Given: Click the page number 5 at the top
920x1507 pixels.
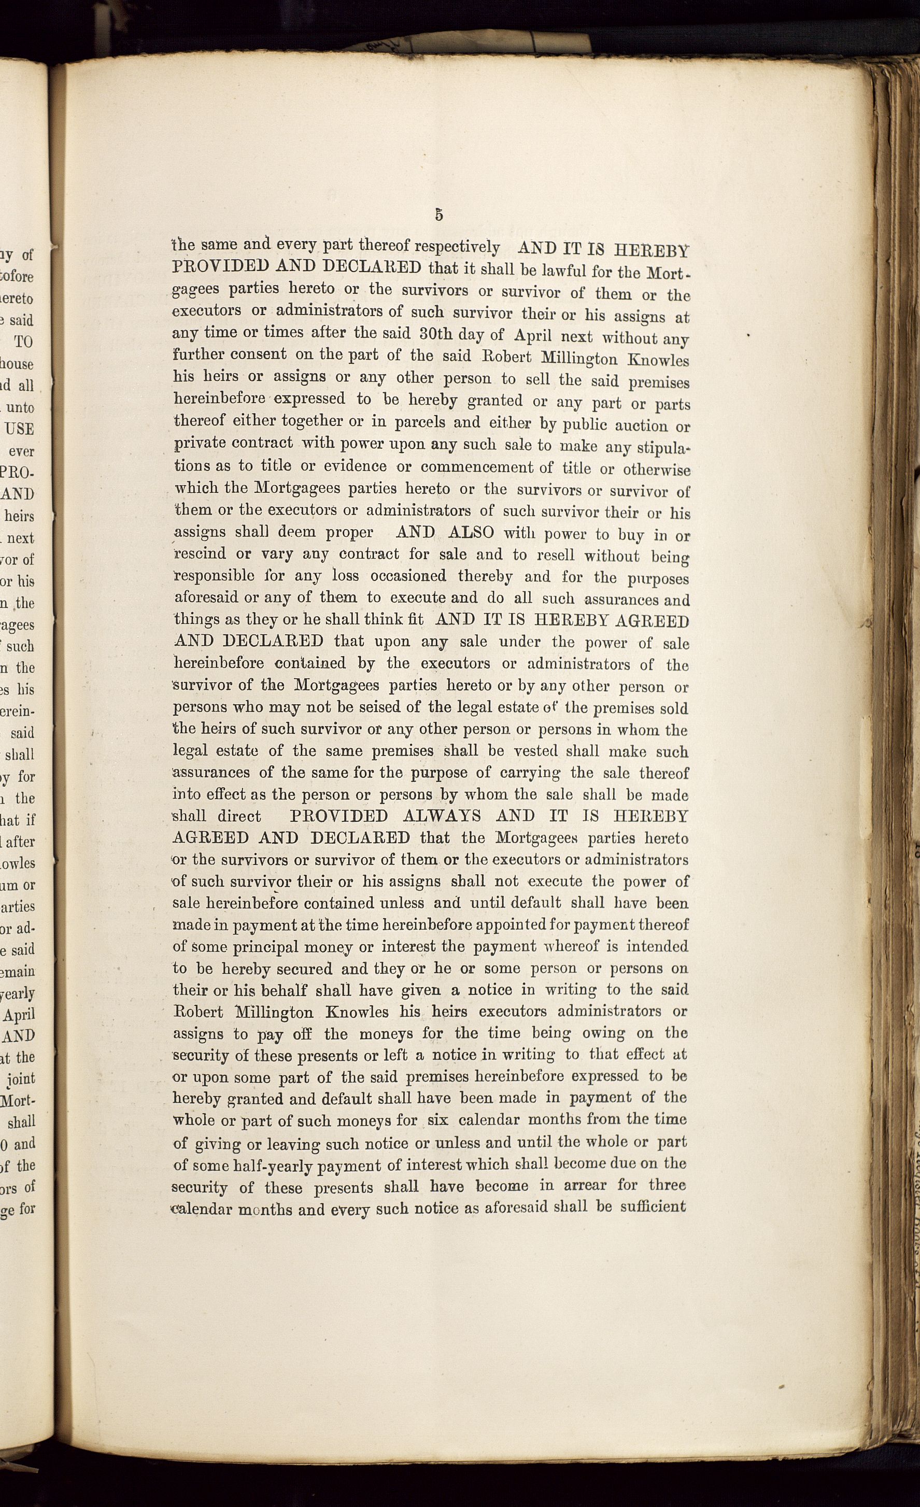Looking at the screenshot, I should tap(438, 215).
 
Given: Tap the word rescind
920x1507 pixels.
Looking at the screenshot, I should tap(200, 554).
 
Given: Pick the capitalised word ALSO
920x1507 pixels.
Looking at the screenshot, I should tap(471, 532).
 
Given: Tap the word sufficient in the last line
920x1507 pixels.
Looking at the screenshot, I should tap(653, 1207).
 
